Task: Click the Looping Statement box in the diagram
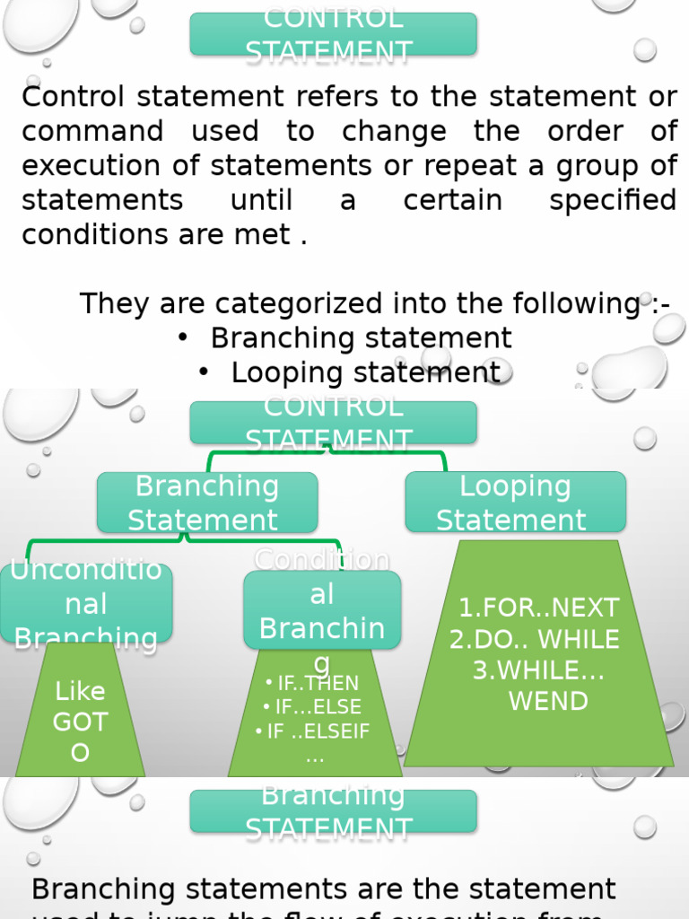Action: coord(515,503)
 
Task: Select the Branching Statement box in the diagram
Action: coord(206,503)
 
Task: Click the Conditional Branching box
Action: coord(322,610)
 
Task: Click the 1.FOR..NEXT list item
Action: coord(538,608)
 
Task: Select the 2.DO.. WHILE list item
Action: coord(535,639)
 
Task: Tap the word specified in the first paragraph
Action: coord(613,200)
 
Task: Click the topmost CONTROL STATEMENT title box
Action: coord(333,34)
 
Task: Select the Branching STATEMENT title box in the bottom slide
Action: coord(333,811)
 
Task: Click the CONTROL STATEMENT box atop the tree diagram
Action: coord(333,423)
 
